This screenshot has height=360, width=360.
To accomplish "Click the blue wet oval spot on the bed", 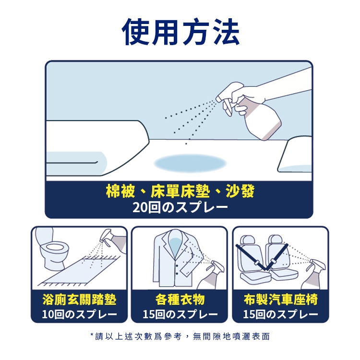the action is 190,163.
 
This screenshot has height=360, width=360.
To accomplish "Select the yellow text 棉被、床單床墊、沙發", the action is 180,191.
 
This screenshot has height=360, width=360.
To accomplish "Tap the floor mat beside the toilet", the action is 79,271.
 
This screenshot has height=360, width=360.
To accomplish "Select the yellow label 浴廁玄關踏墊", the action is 79,300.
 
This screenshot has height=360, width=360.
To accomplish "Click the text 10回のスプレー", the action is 79,314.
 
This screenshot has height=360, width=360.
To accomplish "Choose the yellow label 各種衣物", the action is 180,300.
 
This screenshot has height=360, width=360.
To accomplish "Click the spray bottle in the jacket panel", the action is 212,276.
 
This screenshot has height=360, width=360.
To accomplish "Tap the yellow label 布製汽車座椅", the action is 281,300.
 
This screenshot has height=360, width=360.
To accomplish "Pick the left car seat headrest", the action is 248,240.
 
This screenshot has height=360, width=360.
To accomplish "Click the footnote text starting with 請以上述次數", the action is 180,336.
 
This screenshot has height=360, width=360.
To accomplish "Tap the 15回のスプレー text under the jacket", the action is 180,314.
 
